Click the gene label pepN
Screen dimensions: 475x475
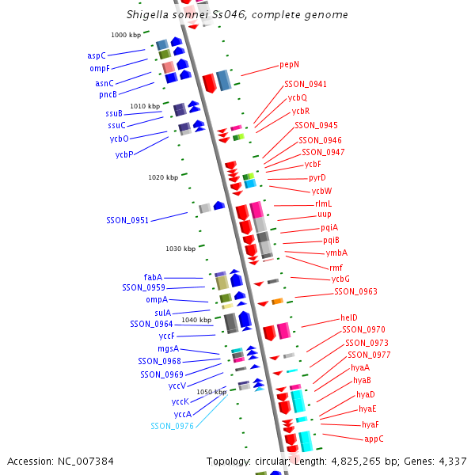pos(289,65)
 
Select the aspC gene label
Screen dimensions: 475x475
pos(97,56)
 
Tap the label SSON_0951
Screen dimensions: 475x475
pos(127,220)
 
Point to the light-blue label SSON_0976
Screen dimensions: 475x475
pos(172,426)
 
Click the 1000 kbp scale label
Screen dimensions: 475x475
pos(124,35)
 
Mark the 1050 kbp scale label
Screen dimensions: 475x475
pos(211,392)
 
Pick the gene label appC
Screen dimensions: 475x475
pos(374,439)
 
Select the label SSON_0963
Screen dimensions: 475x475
pos(355,291)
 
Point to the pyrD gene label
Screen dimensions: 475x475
pos(317,177)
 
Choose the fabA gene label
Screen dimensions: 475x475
pos(153,277)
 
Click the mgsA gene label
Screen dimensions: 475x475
pos(168,348)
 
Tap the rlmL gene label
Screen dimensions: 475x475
pos(324,203)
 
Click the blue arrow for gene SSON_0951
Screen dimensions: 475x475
pos(218,206)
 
